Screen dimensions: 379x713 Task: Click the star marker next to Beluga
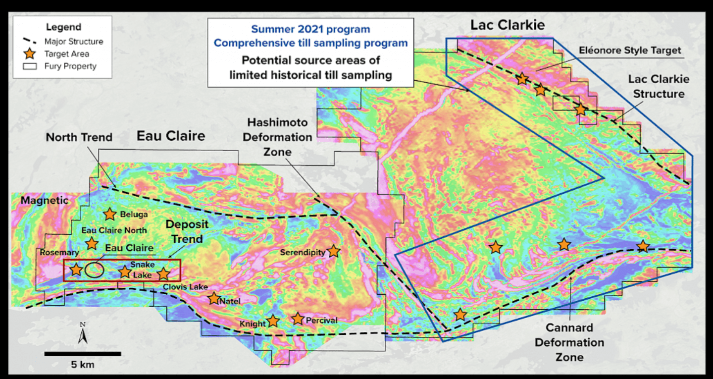coord(110,214)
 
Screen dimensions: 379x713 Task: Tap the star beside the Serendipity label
coord(334,251)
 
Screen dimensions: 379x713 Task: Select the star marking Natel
coord(213,299)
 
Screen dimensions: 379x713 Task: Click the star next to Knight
coord(273,321)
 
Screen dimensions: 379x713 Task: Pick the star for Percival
coord(297,319)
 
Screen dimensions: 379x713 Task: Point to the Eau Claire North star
coord(92,243)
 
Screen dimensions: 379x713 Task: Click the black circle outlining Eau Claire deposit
coord(95,270)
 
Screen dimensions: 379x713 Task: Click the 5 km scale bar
coord(83,354)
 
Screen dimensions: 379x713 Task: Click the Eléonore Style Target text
coord(630,51)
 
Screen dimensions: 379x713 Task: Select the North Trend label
coord(79,137)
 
